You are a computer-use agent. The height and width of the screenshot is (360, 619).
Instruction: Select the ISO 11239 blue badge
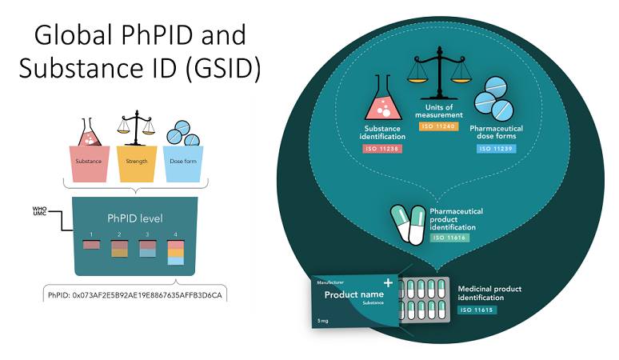496,148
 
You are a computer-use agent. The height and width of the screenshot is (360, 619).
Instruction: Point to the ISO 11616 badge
449,238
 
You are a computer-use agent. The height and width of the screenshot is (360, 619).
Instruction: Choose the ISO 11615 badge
478,309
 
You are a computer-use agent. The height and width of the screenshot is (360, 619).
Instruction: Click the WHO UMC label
39,210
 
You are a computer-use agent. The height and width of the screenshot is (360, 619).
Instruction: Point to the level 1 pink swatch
91,244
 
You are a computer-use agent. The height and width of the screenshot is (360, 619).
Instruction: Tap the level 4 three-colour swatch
175,252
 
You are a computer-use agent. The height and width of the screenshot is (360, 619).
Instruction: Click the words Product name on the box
349,294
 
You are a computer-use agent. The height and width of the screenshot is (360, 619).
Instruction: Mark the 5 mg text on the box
324,321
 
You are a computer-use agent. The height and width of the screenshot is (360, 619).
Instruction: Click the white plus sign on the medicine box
389,282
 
